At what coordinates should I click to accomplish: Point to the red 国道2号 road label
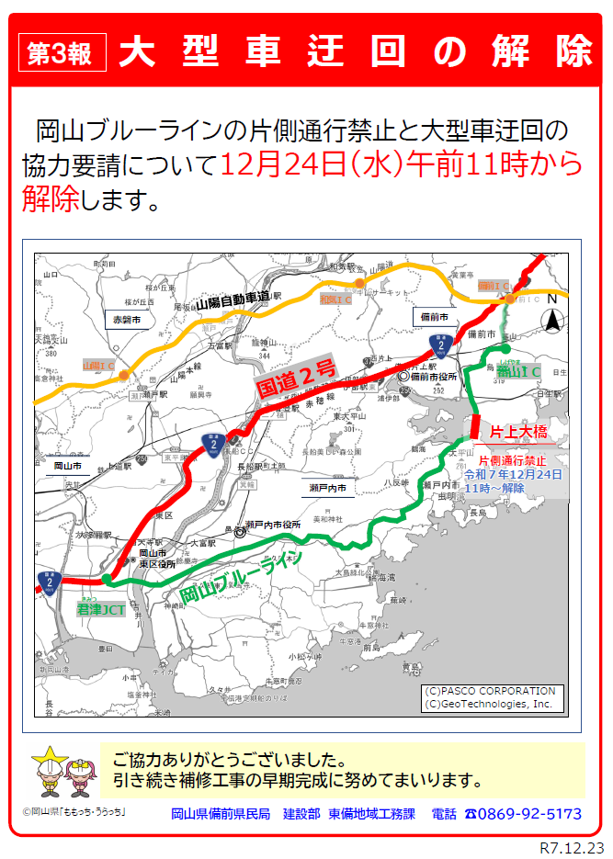click(x=296, y=379)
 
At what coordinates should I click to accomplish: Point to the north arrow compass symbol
click(x=553, y=320)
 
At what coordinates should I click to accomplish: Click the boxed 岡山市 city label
click(x=68, y=466)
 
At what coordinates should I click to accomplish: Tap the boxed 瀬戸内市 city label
click(x=328, y=490)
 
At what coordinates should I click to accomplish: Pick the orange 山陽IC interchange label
click(x=99, y=365)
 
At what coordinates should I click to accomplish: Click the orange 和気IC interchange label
click(x=335, y=300)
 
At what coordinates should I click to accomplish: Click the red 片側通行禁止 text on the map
click(x=512, y=459)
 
